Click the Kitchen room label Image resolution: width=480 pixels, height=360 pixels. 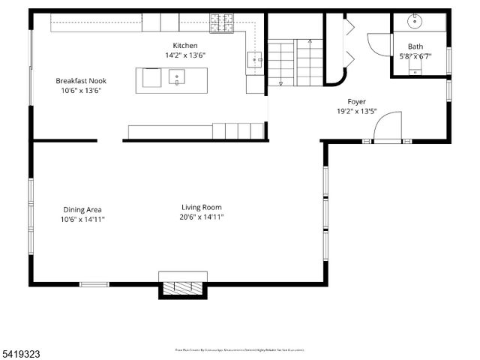184,46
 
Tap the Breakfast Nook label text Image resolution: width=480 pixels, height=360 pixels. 81,80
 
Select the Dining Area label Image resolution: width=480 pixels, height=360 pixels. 82,209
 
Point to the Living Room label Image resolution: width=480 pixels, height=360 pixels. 201,208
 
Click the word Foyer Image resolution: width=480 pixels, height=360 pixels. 356,101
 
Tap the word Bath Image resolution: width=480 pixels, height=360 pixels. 415,46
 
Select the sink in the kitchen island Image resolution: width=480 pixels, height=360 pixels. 178,76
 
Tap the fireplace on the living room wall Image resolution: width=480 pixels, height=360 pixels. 182,287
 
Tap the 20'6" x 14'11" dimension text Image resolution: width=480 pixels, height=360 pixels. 201,217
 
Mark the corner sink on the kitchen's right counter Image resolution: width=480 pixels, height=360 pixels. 255,58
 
